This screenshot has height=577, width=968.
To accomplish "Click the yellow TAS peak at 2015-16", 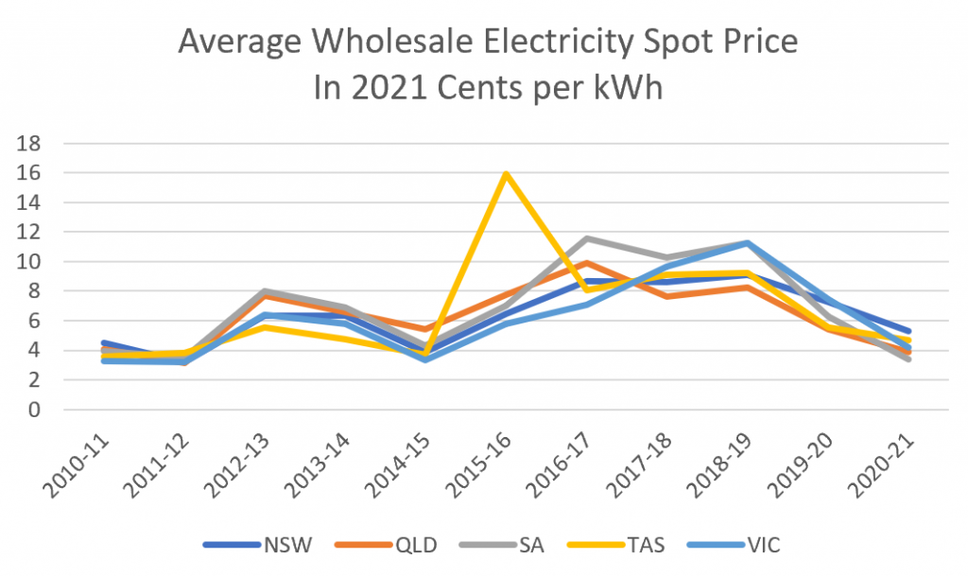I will (506, 174).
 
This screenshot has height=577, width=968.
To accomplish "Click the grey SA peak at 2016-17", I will (586, 238).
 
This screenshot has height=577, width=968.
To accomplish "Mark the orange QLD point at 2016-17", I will (586, 263).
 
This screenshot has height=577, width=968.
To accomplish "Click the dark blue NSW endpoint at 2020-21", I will (908, 331).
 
